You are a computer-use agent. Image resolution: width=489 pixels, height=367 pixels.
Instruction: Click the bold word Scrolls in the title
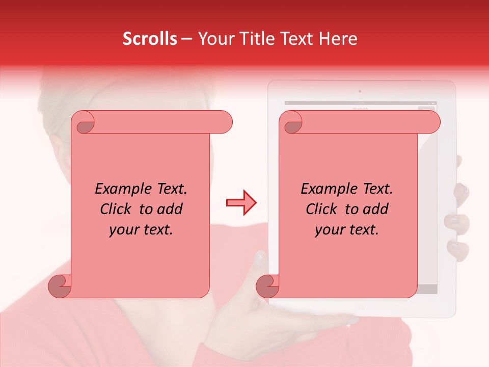[150, 39]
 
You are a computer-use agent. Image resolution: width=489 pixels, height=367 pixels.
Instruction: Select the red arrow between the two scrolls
[241, 203]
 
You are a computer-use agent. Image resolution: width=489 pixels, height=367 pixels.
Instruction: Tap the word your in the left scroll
[125, 230]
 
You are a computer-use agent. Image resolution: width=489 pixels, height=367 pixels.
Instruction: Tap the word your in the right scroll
[331, 230]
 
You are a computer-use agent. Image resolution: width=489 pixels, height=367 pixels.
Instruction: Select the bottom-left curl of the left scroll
[60, 285]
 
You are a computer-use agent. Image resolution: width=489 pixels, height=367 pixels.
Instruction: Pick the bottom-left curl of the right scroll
[267, 285]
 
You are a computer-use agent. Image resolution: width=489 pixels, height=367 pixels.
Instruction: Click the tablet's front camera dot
[360, 91]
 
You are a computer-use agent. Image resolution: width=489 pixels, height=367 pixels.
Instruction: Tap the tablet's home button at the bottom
[361, 307]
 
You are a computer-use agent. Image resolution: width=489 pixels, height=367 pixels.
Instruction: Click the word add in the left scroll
[170, 209]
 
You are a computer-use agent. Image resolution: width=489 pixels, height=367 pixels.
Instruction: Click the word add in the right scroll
[375, 209]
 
